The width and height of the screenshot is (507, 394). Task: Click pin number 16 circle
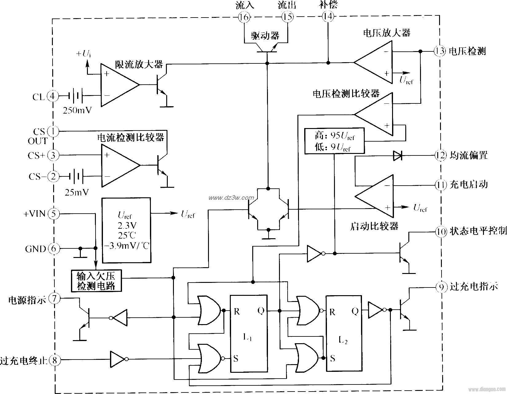pos(244,17)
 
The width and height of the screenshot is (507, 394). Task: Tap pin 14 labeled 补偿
pos(328,17)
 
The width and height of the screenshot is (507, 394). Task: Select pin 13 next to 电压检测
pos(440,51)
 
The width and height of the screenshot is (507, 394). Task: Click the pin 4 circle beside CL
pos(53,97)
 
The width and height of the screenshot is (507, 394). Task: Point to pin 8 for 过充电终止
pos(54,360)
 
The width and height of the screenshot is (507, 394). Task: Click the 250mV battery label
pos(77,110)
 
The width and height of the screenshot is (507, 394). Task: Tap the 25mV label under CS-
pos(77,192)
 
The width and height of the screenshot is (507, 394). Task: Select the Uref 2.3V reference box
pos(126,230)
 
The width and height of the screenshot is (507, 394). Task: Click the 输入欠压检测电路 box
pos(96,281)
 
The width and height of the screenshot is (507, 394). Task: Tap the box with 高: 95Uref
pos(334,141)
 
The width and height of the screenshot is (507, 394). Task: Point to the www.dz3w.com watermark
pos(231,198)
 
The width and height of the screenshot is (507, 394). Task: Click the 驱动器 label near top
pos(265,36)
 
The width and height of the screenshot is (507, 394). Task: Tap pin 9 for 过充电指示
pos(442,287)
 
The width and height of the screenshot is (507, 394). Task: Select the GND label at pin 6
pos(35,249)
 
